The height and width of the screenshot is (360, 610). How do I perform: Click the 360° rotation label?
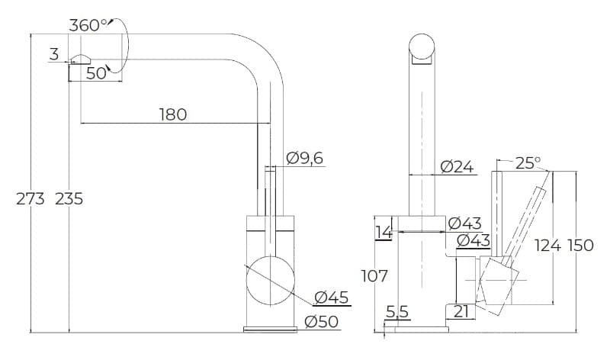point(88,26)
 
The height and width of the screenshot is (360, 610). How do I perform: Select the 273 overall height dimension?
point(30,199)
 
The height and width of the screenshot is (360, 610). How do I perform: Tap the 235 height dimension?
point(69,199)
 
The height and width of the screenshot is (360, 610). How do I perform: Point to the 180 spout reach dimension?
point(173,114)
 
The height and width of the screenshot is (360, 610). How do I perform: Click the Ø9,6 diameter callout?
point(304,159)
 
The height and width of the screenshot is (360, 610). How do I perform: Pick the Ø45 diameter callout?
point(332,297)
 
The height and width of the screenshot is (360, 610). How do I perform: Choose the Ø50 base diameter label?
point(322,322)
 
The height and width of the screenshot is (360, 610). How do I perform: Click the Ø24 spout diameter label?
point(457,167)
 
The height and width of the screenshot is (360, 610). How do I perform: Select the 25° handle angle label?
point(528,163)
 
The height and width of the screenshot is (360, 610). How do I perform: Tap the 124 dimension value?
point(547,245)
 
